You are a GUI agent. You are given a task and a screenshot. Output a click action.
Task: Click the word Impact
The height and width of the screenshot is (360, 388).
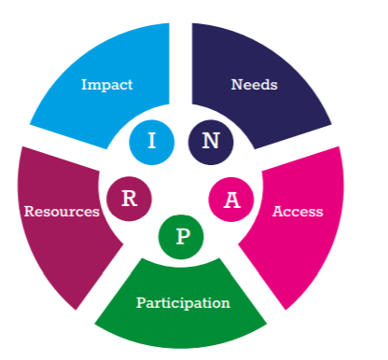coord(106,85)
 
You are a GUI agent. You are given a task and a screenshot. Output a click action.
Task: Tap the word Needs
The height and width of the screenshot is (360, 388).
coord(255,85)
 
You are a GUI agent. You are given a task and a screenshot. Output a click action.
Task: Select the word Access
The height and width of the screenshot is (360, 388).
coord(298,212)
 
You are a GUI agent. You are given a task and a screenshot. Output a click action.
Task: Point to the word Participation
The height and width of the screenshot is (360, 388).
coord(183,303)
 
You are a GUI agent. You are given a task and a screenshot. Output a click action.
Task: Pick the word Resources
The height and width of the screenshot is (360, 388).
coord(62,212)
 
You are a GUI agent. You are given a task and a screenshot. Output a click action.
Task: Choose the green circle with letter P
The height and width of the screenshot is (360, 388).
coord(182,236)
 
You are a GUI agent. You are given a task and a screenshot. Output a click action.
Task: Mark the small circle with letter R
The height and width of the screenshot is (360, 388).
coord(130,198)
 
